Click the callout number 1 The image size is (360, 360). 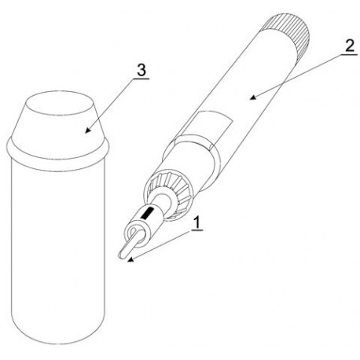tap(197, 222)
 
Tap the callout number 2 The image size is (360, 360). tap(350, 46)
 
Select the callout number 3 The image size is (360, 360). tap(141, 70)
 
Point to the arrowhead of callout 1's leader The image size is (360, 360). tap(130, 260)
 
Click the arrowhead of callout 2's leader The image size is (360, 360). tap(252, 97)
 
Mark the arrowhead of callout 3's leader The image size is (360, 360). tap(89, 130)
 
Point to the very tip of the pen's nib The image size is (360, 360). tap(120, 256)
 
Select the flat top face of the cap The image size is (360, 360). tap(58, 104)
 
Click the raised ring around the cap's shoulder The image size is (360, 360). tap(57, 152)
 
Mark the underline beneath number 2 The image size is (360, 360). tap(348, 54)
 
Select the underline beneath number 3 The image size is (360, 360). tap(141, 79)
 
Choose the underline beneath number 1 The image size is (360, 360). tap(197, 231)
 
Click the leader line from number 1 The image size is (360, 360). tap(160, 245)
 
